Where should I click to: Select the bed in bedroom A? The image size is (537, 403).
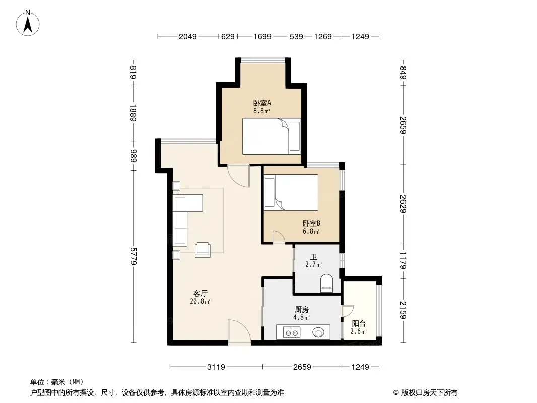pos(271,137)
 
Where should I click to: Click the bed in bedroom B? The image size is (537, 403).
pos(292,192)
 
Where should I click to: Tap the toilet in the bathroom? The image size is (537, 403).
pos(327,283)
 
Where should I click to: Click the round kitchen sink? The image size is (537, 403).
pos(318,332)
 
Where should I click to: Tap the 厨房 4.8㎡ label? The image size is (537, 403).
pos(301,313)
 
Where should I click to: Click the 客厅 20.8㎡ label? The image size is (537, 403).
pos(201,297)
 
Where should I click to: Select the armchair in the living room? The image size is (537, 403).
pos(203,249)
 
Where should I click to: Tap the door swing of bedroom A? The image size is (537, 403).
pos(238,176)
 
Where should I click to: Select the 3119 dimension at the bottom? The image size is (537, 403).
pos(216,367)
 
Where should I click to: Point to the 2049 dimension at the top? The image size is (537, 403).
pos(187,36)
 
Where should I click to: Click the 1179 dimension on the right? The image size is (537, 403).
pos(402,260)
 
